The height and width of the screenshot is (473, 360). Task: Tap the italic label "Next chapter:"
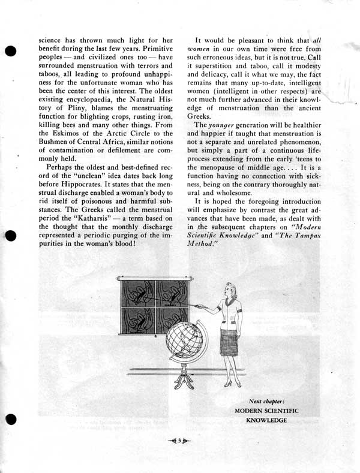tap(267, 400)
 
